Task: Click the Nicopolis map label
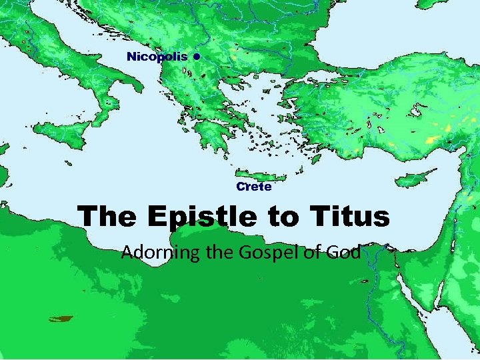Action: coord(157,56)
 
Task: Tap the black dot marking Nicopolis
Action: coord(197,57)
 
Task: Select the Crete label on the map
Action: coord(254,187)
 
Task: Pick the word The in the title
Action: coord(107,216)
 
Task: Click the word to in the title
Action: coord(278,217)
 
